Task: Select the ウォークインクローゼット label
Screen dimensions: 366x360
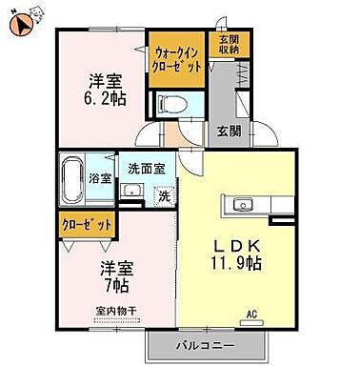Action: click(175, 60)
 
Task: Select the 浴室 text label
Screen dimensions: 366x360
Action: click(100, 178)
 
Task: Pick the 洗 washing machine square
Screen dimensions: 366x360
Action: click(164, 196)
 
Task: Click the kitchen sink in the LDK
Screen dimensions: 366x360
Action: click(241, 203)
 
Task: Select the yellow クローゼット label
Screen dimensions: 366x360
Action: click(86, 225)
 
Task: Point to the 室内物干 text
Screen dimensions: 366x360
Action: click(115, 311)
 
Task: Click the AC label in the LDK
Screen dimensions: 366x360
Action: click(253, 313)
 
